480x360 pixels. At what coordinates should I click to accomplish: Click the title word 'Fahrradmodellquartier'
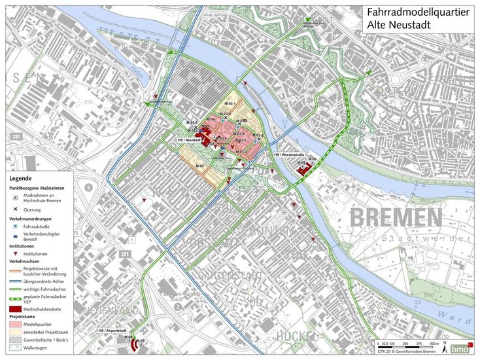418,12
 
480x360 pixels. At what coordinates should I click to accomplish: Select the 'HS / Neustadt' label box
189,140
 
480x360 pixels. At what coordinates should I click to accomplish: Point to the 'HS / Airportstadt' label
112,331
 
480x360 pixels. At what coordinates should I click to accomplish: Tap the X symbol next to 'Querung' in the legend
14,209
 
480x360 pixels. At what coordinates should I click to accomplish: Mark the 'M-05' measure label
199,166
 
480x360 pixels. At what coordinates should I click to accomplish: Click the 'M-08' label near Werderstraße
312,159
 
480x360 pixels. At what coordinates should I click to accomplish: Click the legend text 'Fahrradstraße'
35,226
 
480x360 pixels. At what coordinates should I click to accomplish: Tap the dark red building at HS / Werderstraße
303,169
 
